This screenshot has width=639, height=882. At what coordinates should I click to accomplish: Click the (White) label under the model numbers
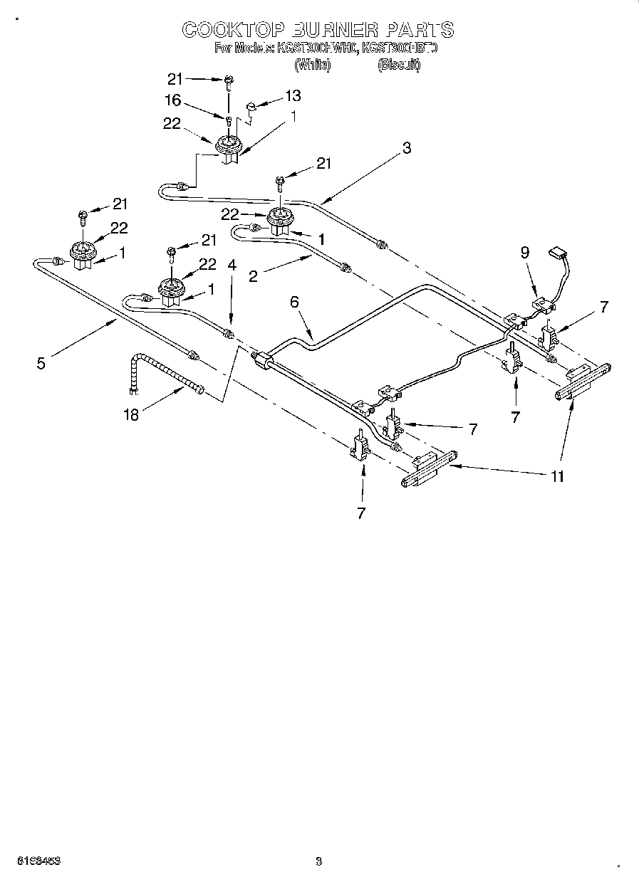click(312, 65)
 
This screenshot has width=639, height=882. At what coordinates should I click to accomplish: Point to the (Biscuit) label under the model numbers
click(399, 65)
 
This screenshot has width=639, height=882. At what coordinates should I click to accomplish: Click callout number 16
click(172, 100)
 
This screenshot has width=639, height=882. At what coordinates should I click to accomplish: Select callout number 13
click(293, 95)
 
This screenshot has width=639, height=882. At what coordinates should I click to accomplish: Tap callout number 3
click(406, 148)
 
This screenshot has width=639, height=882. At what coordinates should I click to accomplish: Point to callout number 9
click(525, 251)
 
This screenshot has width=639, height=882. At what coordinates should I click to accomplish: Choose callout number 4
click(232, 265)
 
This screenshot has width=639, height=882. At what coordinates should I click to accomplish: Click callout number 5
click(41, 363)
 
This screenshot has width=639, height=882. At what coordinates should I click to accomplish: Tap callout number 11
click(558, 476)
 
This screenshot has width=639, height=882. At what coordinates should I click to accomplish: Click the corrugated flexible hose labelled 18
click(160, 374)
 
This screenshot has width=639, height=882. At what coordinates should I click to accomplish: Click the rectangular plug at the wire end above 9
click(556, 252)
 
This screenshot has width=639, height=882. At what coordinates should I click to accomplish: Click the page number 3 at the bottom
click(318, 861)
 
